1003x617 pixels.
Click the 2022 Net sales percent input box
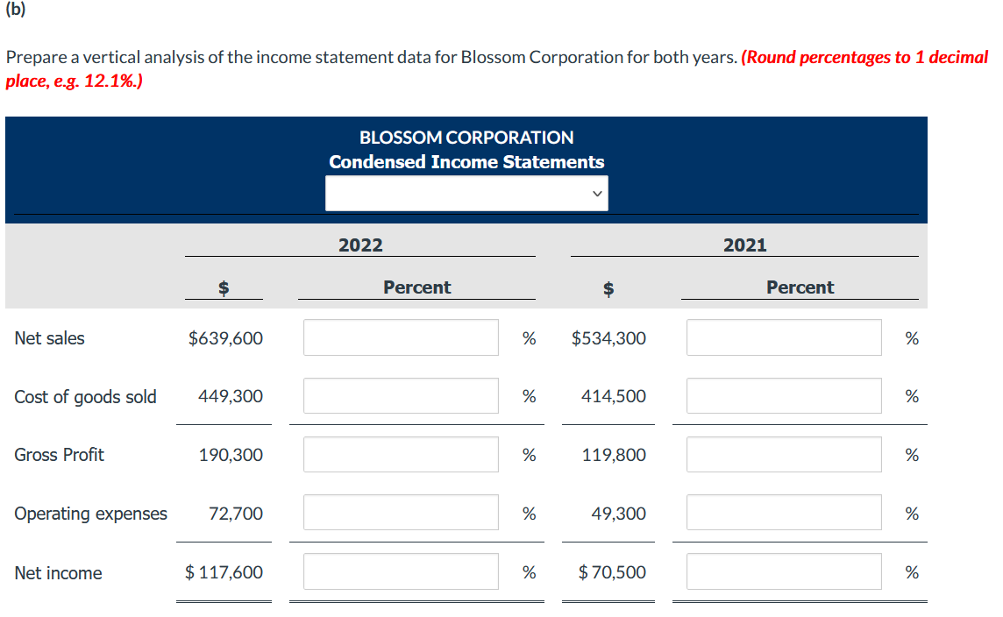pos(401,337)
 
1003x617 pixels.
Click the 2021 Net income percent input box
pos(784,571)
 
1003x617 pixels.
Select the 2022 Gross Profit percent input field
pos(401,454)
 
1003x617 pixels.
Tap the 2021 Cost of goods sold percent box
pos(784,396)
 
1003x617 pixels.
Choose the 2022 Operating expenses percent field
pos(401,513)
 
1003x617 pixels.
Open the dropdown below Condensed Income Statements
pos(466,193)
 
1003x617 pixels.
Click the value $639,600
pos(225,338)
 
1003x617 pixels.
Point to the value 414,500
pos(614,396)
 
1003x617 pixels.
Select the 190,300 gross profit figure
pos(231,455)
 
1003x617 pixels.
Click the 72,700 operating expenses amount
pos(236,514)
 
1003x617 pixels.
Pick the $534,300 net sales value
pos(608,338)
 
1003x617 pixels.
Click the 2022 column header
pos(360,245)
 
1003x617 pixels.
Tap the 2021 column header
pos(744,245)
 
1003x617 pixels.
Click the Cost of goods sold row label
pos(85,397)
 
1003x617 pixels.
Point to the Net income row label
pos(58,573)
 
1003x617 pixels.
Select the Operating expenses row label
pos(90,514)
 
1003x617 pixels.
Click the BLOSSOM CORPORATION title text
pos(466,138)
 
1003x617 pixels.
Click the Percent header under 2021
pos(800,287)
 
